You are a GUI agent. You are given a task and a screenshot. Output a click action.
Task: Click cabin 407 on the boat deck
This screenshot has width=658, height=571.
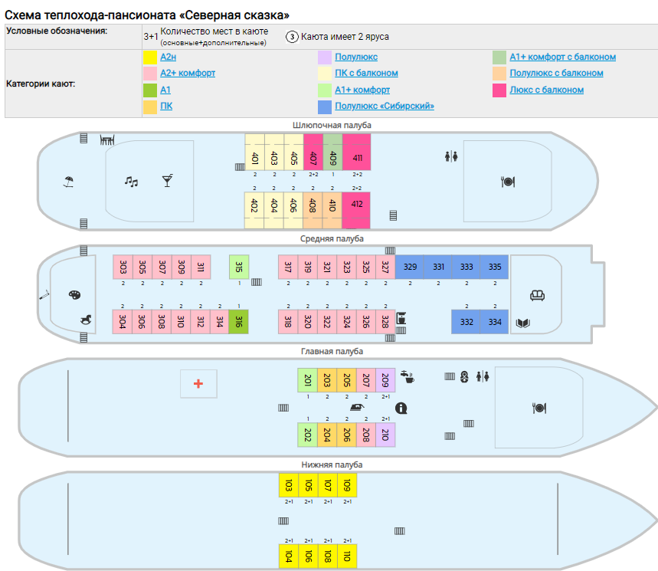pyautogui.click(x=313, y=152)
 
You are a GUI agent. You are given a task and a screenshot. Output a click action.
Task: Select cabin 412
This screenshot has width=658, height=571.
pyautogui.click(x=356, y=210)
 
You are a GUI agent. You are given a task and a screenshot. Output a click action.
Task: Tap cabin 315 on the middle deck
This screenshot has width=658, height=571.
pyautogui.click(x=239, y=267)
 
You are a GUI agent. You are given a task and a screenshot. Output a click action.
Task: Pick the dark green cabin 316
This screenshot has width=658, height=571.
pyautogui.click(x=238, y=322)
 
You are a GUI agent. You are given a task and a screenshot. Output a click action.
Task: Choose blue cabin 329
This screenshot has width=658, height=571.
pyautogui.click(x=410, y=267)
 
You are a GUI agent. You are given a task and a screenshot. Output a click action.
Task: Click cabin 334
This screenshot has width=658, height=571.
pyautogui.click(x=494, y=322)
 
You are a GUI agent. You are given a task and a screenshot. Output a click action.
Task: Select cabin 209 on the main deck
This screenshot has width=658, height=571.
pyautogui.click(x=385, y=380)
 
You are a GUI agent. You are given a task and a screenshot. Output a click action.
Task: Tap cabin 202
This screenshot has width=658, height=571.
pyautogui.click(x=308, y=435)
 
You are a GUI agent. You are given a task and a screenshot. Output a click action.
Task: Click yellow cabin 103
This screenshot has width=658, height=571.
pyautogui.click(x=289, y=485)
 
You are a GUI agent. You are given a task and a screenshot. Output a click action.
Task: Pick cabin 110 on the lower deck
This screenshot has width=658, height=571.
pyautogui.click(x=347, y=556)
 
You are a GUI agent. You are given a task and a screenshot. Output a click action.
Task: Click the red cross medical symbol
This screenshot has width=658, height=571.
pyautogui.click(x=198, y=383)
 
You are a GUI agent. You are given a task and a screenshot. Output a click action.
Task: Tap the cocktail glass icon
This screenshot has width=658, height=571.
pyautogui.click(x=168, y=181)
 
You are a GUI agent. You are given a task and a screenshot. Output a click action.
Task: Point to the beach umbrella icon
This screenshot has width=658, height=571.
pyautogui.click(x=68, y=182)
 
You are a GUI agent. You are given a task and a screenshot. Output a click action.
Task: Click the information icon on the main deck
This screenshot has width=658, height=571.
pyautogui.click(x=401, y=408)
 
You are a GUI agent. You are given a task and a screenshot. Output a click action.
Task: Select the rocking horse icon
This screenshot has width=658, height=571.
pyautogui.click(x=86, y=320)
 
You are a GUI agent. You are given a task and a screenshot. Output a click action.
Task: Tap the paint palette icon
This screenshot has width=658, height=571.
pyautogui.click(x=75, y=295)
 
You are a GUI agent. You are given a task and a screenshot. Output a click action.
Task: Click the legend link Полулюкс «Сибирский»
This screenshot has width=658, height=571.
pyautogui.click(x=385, y=106)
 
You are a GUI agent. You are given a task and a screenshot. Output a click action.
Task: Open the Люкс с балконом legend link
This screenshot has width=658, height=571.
pyautogui.click(x=546, y=90)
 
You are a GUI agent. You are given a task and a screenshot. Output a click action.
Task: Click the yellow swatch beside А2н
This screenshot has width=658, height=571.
pyautogui.click(x=150, y=57)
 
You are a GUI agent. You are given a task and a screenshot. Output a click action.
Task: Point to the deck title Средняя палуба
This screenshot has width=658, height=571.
pyautogui.click(x=332, y=238)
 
